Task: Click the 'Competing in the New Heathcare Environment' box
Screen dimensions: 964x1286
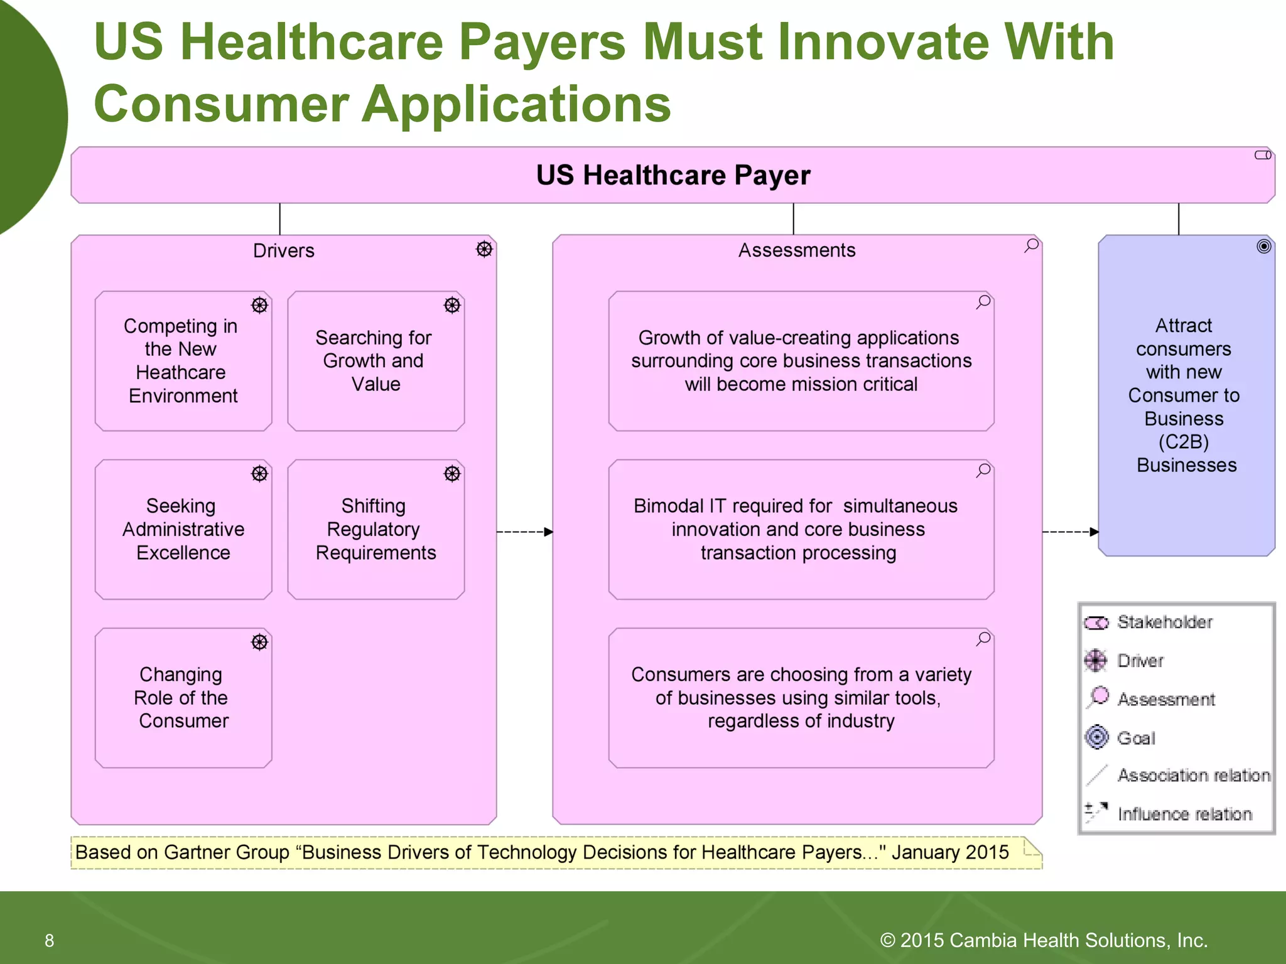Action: tap(183, 361)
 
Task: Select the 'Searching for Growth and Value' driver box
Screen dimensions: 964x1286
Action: tap(376, 361)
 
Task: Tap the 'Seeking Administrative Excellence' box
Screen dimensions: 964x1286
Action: tap(183, 529)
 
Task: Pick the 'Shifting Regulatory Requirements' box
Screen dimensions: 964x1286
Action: tap(376, 529)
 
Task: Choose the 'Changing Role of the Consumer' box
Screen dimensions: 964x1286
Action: tap(183, 697)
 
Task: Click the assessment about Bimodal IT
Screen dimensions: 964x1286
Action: tap(801, 529)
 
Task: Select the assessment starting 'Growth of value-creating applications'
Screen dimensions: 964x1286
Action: tap(801, 361)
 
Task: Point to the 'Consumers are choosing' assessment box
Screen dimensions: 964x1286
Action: tap(801, 697)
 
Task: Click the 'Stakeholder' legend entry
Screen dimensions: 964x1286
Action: tap(1164, 622)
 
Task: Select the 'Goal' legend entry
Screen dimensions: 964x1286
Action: tap(1136, 738)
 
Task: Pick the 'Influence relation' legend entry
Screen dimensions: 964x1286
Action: tap(1184, 814)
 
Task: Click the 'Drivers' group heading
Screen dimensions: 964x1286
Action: tap(284, 251)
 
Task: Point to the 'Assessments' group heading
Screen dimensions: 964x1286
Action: tap(797, 250)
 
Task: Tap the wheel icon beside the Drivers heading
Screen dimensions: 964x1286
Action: tap(484, 249)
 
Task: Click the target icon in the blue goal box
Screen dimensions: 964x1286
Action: tap(1263, 246)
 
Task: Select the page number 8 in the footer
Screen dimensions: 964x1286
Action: tap(49, 940)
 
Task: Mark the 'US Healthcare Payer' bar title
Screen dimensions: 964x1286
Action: tap(673, 175)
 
